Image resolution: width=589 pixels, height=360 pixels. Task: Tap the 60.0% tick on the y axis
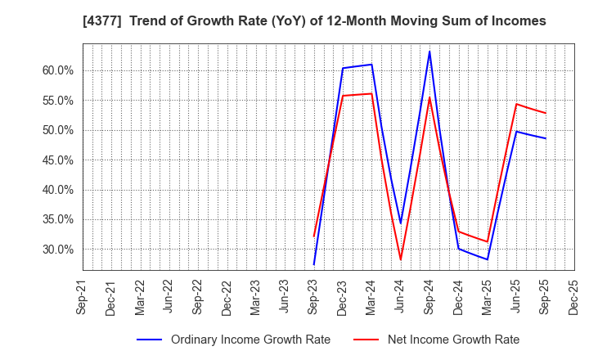57,70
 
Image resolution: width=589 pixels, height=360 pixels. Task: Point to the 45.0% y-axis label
57,160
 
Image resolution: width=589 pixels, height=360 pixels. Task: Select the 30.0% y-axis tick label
57,250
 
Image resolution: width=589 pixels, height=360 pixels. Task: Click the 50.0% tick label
57,130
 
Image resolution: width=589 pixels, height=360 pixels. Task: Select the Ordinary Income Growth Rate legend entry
250,340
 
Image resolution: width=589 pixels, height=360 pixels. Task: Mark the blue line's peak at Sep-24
429,52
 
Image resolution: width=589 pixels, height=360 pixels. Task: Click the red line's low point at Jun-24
401,260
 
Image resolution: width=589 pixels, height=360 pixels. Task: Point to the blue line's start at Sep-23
314,264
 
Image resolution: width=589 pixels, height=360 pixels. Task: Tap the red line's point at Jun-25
516,104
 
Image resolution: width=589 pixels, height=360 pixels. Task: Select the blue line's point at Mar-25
488,259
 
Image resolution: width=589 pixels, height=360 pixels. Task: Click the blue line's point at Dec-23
343,68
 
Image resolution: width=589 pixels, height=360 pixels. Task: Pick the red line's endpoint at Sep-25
545,113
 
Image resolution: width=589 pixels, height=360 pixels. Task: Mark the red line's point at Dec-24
458,232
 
